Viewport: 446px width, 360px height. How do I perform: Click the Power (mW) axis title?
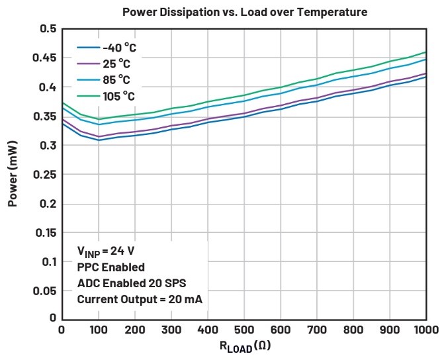pos(13,173)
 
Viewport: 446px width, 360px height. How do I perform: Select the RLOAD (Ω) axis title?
pos(245,346)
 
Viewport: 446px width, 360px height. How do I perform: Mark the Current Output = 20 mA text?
pos(140,299)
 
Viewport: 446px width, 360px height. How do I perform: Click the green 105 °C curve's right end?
pos(425,52)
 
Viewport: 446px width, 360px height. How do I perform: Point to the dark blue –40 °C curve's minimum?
pos(98,140)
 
